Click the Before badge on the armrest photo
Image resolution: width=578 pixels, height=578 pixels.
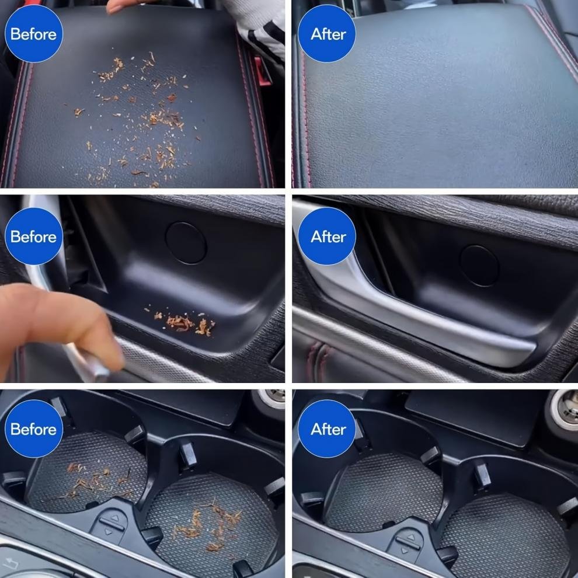tap(33, 34)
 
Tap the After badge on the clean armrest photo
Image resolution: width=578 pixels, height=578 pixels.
tap(328, 34)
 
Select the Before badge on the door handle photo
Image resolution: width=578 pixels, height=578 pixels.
tap(33, 236)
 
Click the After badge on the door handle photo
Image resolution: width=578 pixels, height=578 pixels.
tap(328, 236)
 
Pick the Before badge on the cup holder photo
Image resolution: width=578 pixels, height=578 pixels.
tap(33, 429)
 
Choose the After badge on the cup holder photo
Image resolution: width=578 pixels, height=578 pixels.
tap(328, 429)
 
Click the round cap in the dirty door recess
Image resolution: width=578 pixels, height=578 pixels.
tap(186, 242)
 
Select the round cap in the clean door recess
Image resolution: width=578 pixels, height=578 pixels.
tap(479, 265)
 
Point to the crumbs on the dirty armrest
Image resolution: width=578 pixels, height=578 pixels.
tap(140, 117)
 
